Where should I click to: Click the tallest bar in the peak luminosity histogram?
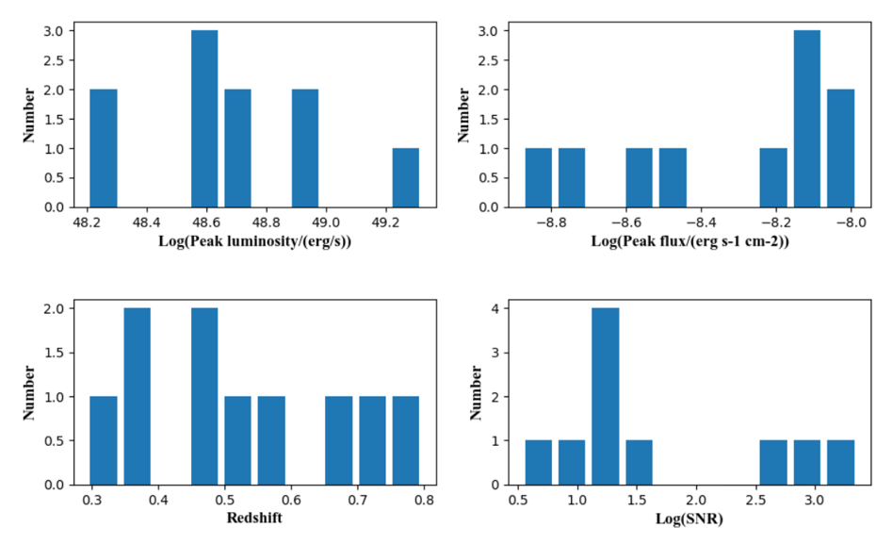(204, 119)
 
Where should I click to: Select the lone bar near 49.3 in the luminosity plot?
(406, 177)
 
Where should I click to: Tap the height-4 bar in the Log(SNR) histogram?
(605, 396)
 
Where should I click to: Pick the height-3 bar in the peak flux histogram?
(806, 119)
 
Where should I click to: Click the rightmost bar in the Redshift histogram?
(406, 440)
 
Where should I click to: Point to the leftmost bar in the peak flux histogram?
(538, 177)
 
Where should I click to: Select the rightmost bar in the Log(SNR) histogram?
(840, 462)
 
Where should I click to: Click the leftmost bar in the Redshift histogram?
(104, 440)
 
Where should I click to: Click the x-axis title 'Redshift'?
(254, 519)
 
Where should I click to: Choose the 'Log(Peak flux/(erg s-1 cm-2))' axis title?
(689, 242)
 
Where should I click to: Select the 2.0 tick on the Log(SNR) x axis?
(697, 500)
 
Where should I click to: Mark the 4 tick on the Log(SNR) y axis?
(496, 308)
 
